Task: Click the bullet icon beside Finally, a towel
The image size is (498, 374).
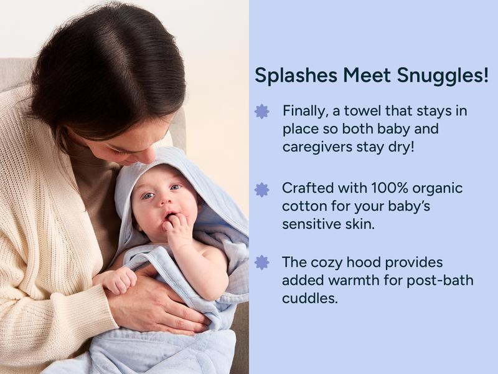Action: coord(262,112)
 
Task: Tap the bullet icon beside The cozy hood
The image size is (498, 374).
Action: coord(262,262)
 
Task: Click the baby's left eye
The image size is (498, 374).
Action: coord(175,187)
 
